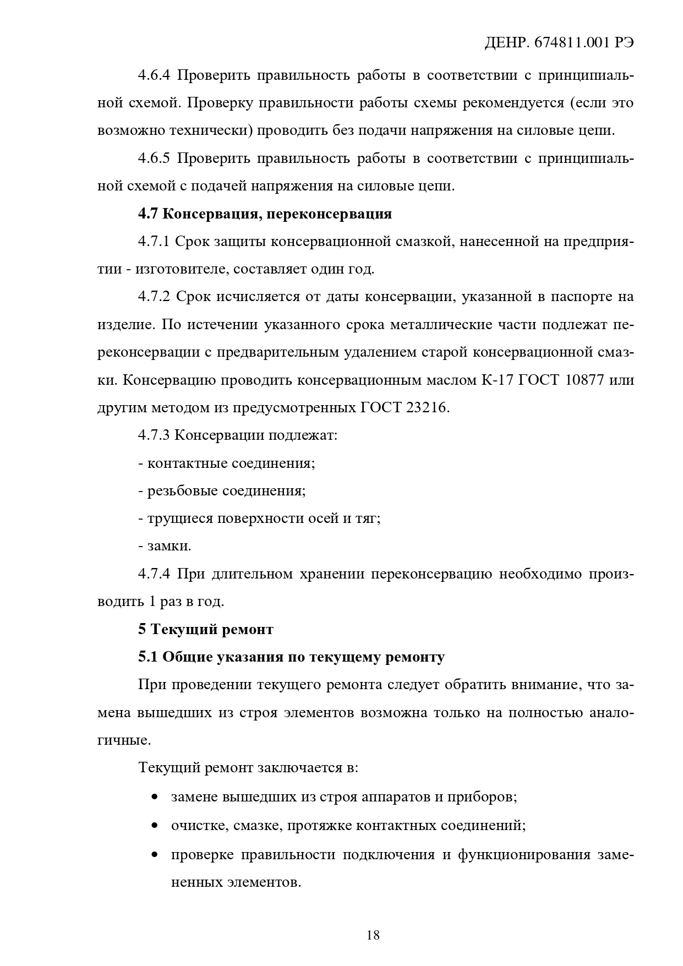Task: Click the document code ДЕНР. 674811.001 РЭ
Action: click(x=559, y=43)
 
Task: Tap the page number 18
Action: click(x=373, y=934)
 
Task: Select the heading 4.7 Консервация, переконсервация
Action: click(x=265, y=214)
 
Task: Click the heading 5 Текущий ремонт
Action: click(x=206, y=629)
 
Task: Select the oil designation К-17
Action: click(x=499, y=380)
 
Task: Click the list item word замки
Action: click(x=168, y=547)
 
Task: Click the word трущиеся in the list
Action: click(x=179, y=519)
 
